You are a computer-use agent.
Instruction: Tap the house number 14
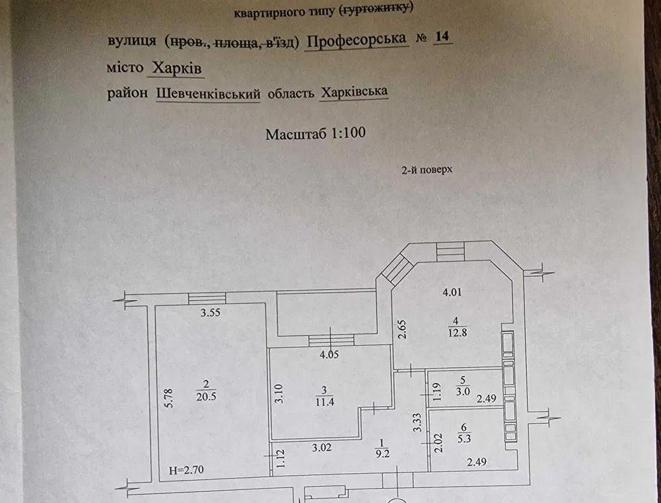point(442,38)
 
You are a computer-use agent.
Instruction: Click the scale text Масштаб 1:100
point(316,133)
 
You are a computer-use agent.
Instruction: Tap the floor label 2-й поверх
point(426,171)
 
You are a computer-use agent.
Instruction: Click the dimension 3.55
point(211,314)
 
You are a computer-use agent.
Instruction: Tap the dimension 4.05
point(328,354)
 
